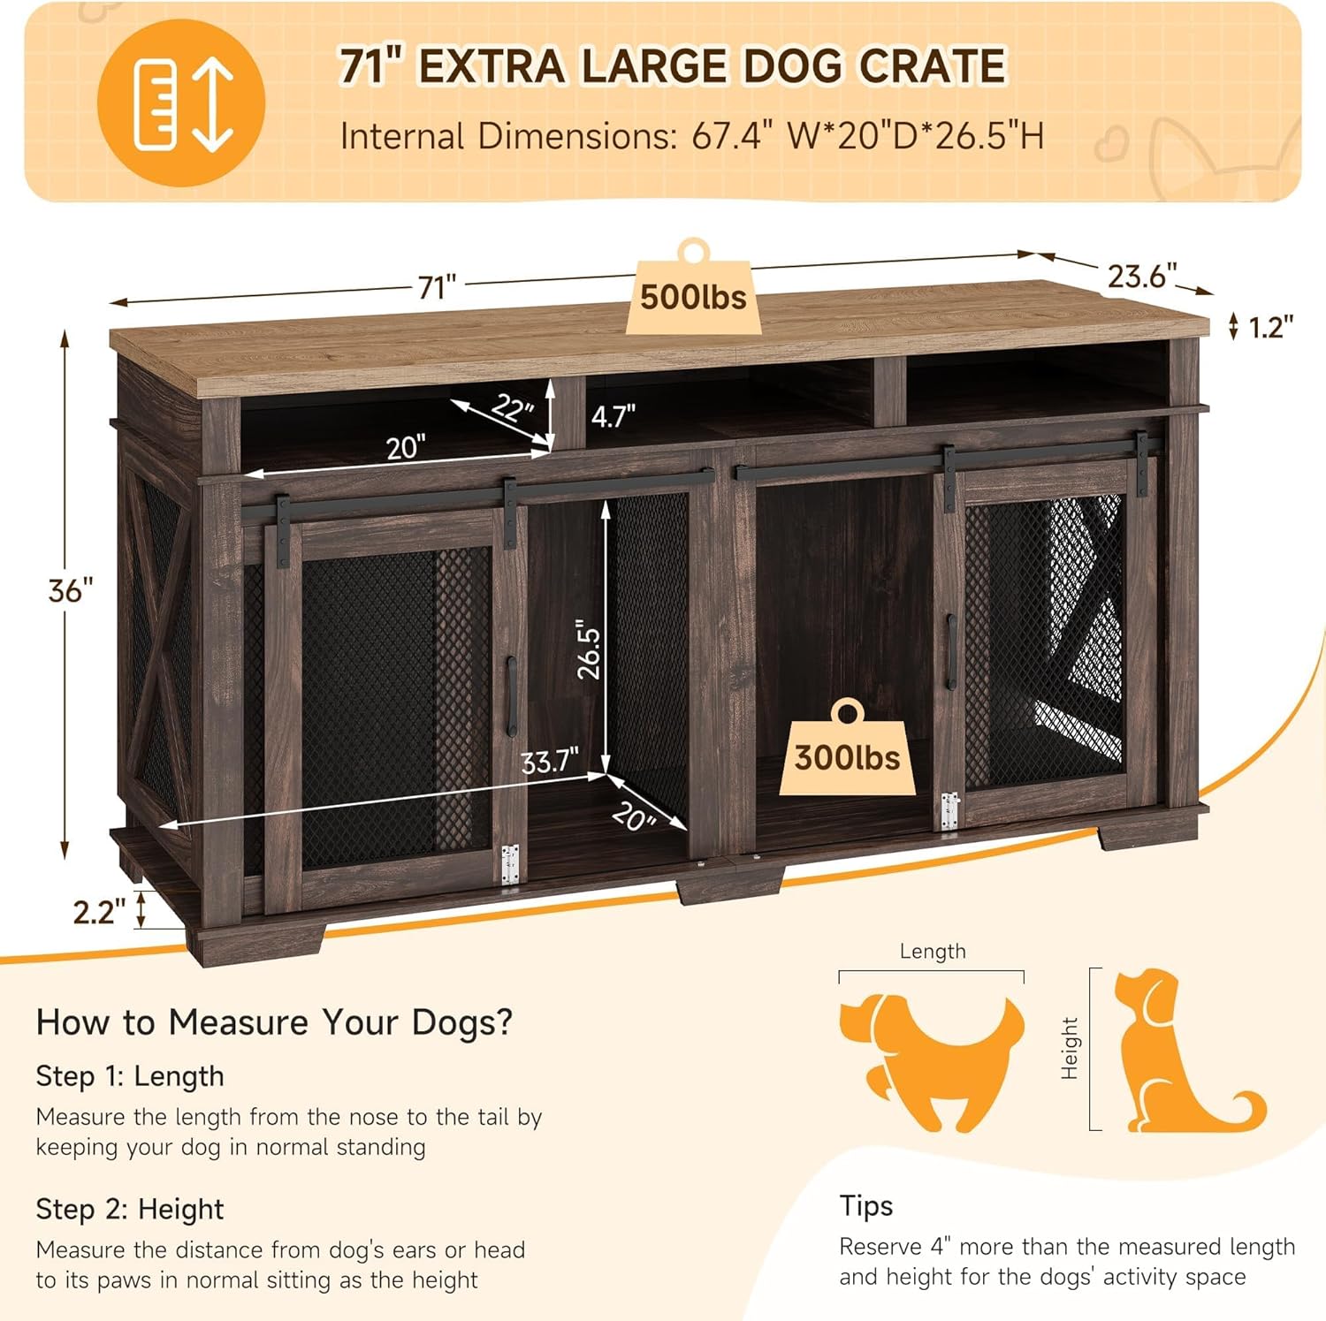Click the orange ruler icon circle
[x=181, y=103]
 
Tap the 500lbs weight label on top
[x=694, y=297]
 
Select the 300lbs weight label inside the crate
[x=847, y=757]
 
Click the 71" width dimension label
[x=438, y=287]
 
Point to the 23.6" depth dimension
[x=1142, y=277]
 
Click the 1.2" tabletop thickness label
[x=1270, y=328]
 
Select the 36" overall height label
[x=71, y=590]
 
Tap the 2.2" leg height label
[x=99, y=911]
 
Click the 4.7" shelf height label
[x=613, y=415]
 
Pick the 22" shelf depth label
[x=513, y=407]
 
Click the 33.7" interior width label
[x=549, y=761]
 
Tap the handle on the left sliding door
[x=511, y=696]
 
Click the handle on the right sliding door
[x=951, y=652]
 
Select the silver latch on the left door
[x=510, y=864]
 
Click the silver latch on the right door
[x=949, y=811]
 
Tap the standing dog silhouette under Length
[x=931, y=1061]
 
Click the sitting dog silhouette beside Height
[x=1176, y=1051]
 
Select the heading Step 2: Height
[x=130, y=1209]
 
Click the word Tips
[x=866, y=1205]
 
